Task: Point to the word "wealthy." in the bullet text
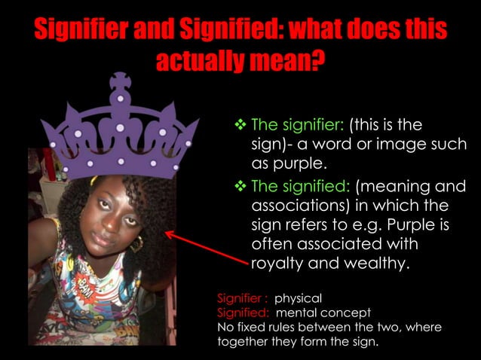(x=380, y=264)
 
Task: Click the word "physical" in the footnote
(x=298, y=298)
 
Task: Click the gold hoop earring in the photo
(x=138, y=243)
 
